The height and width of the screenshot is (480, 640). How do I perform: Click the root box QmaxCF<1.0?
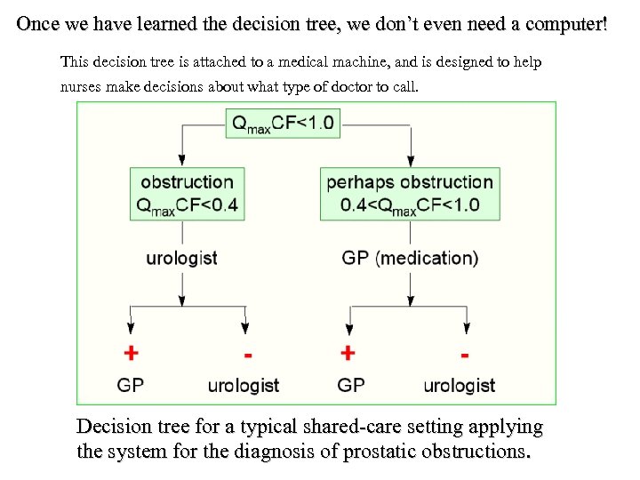pos(284,123)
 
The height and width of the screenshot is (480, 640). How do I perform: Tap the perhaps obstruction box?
pos(410,193)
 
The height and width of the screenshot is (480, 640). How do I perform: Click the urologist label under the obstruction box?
pos(182,259)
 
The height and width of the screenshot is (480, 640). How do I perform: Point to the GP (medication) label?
pos(410,259)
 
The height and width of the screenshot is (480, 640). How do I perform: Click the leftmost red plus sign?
pos(131,353)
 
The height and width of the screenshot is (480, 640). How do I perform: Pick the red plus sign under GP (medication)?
pos(348,353)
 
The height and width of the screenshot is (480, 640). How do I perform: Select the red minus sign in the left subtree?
pos(247,355)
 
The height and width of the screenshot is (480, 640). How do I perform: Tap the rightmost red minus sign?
pos(464,355)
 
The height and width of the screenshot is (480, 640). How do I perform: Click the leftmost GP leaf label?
pos(131,385)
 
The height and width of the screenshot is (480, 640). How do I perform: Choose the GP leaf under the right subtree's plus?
pos(351,385)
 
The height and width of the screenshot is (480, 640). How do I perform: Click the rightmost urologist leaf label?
pos(460,385)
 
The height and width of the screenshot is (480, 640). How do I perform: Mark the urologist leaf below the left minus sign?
pos(244,385)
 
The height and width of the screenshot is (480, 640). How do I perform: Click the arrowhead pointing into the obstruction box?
pos(182,162)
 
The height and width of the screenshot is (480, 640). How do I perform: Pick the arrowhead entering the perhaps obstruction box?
pos(410,162)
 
